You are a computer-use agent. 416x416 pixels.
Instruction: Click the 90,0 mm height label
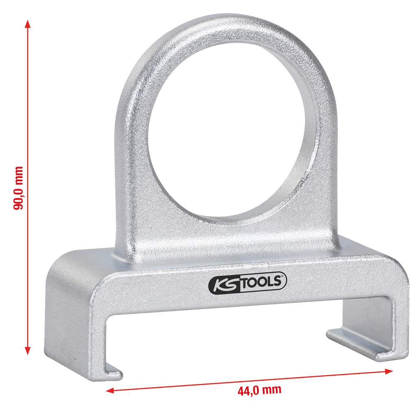pos(18,188)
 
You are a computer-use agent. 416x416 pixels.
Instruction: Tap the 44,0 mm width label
pos(259,390)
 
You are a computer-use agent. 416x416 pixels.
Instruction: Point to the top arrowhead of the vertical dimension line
pos(28,24)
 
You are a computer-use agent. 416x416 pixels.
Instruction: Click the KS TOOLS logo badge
pos(247,282)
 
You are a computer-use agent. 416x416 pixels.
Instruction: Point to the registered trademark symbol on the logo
pos(284,276)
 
